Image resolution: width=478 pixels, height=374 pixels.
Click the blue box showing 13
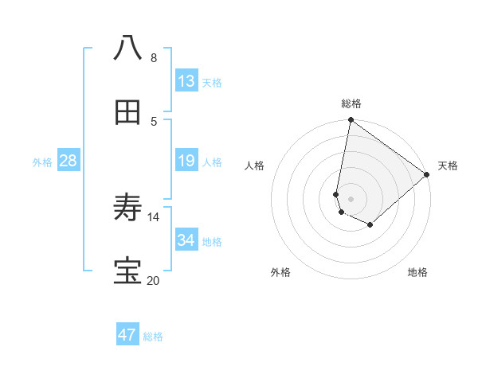[x=186, y=80]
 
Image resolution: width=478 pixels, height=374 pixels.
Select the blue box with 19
[x=186, y=161]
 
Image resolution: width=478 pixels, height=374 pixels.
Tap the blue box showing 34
[x=186, y=240]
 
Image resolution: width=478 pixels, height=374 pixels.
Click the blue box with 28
[x=69, y=161]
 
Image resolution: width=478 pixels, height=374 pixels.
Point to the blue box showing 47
[x=127, y=335]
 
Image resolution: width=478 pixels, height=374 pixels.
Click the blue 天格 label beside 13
[x=211, y=82]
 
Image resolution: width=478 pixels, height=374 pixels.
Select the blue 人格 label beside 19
[x=211, y=162]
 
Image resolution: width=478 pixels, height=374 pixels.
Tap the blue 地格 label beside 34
[x=211, y=242]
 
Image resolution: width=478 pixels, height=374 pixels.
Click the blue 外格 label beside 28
[x=42, y=162]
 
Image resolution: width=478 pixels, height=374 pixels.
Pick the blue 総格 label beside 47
[x=153, y=337]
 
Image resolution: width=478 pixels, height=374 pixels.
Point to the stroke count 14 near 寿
[x=154, y=216]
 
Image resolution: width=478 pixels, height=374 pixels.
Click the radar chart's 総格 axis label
[x=351, y=103]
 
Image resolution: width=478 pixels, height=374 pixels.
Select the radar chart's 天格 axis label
[x=448, y=166]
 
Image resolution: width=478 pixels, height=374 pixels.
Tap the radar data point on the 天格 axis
[x=427, y=174]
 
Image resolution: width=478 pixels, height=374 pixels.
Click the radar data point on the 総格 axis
[x=351, y=121]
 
